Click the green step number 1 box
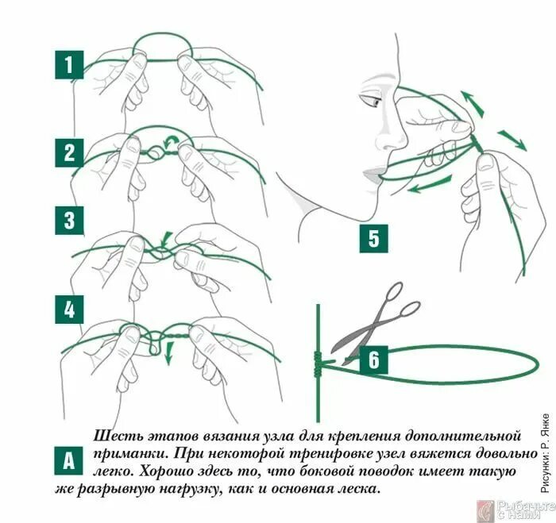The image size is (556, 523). point(69,65)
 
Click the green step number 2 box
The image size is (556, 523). point(69,152)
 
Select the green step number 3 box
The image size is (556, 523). point(69,220)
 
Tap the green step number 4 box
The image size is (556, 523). point(69,310)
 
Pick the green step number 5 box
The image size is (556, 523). point(374,238)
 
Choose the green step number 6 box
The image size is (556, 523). point(374,360)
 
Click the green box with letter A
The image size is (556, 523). point(68,460)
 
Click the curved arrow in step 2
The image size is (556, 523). point(171,141)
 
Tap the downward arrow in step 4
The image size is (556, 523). point(169,352)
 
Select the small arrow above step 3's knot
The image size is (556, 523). point(165,239)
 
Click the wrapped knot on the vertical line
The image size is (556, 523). point(318,363)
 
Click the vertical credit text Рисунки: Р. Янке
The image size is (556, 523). point(546,452)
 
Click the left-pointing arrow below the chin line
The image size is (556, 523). point(430,184)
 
